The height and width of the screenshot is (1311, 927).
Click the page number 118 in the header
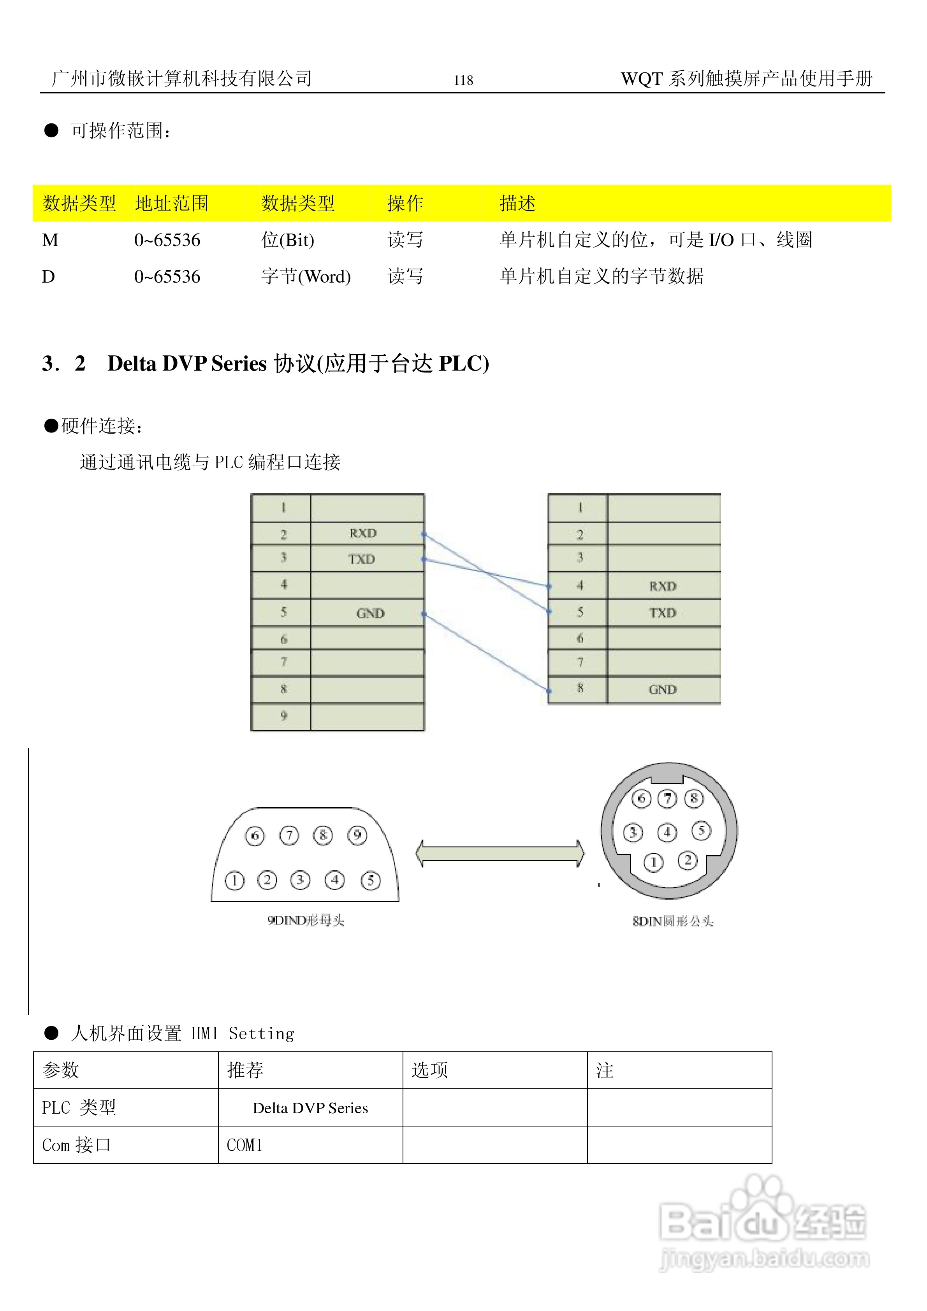(463, 80)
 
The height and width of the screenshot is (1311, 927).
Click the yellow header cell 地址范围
(171, 203)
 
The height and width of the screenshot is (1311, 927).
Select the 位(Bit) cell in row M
(287, 240)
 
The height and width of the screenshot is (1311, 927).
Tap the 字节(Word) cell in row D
(306, 276)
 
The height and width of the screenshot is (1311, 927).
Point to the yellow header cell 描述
(517, 203)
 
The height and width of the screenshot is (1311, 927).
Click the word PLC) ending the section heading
(463, 364)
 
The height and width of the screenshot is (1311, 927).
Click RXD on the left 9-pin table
(363, 533)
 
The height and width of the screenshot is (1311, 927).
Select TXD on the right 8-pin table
(662, 613)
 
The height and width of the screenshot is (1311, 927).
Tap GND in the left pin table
(370, 613)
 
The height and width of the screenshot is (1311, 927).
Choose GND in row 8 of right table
(662, 689)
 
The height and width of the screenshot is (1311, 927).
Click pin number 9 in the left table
(283, 716)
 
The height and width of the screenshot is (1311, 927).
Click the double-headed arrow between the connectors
(500, 853)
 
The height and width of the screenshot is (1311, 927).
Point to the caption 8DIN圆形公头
(673, 921)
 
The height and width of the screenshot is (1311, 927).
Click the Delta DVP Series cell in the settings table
(310, 1108)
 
